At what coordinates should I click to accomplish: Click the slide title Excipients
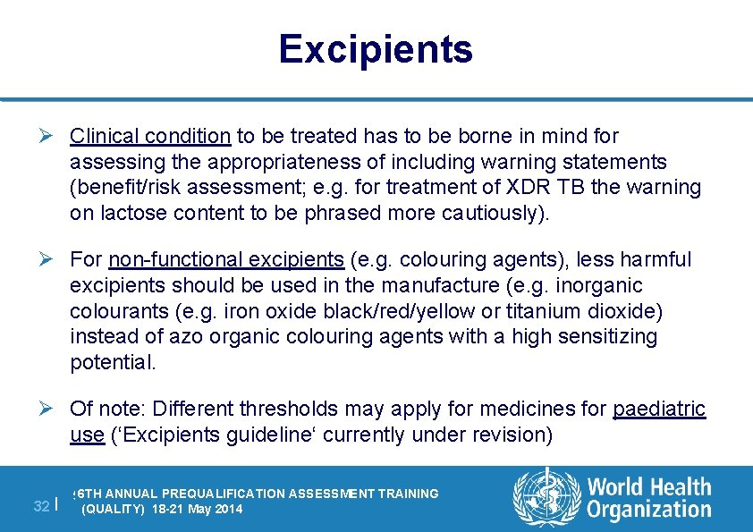pos(375,49)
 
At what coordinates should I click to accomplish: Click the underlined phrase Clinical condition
pos(150,136)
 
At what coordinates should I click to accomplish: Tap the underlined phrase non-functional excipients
pos(226,260)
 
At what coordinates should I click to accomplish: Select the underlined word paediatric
pos(659,410)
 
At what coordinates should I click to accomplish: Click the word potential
pos(112,363)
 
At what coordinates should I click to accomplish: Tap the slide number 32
pos(40,506)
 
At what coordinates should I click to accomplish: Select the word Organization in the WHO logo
pos(649,511)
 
